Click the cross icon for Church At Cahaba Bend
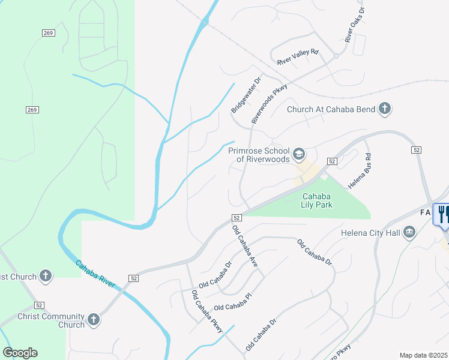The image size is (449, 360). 385,109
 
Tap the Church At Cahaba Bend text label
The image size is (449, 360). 331,109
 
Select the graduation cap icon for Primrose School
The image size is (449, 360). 298,155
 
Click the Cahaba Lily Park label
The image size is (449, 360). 318,200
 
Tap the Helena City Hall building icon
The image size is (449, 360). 409,232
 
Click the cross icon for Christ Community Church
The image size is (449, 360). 94,320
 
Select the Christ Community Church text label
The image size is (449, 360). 51,320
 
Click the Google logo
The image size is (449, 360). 20,353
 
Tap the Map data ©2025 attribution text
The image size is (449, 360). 424,355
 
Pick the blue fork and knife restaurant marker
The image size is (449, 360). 443,213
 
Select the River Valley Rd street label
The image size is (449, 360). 298,57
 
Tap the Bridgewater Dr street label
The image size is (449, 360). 246,95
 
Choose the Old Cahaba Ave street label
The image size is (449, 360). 245,247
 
